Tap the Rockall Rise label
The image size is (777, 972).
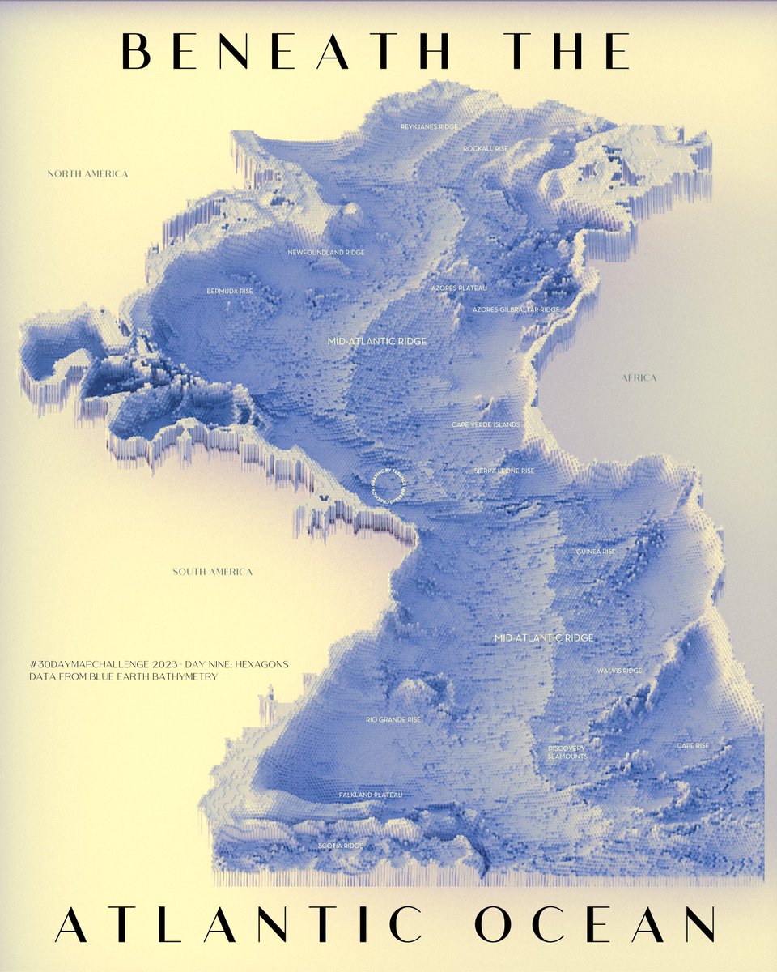click(486, 149)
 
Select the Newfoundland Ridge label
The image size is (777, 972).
click(326, 253)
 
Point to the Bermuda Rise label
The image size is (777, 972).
click(230, 290)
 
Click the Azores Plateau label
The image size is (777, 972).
click(458, 288)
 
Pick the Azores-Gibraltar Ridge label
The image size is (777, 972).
click(516, 309)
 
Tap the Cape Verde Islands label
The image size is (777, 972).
click(486, 424)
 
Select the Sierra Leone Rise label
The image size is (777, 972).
click(503, 471)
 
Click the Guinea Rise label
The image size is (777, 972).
click(596, 552)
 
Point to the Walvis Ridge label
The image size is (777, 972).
click(619, 671)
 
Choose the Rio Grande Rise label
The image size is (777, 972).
click(393, 719)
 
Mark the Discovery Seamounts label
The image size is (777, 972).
click(567, 752)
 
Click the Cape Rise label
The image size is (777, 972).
click(693, 746)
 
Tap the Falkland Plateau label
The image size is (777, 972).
click(370, 795)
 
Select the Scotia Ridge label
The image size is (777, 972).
click(341, 846)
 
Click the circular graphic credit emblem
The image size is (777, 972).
click(388, 486)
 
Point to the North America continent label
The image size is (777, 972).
click(87, 174)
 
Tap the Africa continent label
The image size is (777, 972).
click(639, 378)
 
